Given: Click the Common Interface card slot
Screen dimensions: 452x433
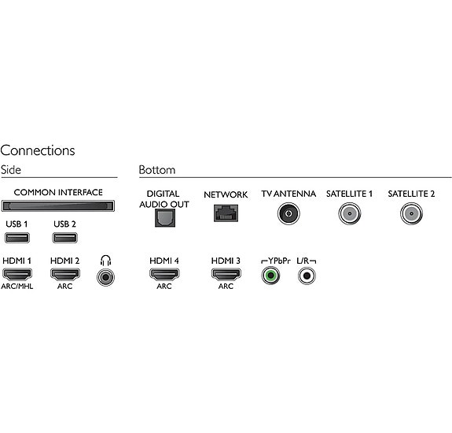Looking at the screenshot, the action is pos(58,205).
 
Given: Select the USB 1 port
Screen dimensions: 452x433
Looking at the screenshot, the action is pos(17,238).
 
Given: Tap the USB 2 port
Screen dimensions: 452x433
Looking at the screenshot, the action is pos(65,238).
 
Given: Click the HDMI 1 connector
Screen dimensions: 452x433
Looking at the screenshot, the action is pos(17,274).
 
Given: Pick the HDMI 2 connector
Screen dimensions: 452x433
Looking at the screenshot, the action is pos(65,274).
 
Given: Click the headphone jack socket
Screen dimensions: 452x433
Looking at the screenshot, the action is pos(105,277).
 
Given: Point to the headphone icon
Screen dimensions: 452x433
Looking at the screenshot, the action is pos(106,261).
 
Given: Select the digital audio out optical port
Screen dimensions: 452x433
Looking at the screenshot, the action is pos(165,218).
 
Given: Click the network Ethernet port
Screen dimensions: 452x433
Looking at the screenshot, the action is pos(226,213).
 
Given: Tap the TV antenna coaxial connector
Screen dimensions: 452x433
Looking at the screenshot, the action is pos(288,213).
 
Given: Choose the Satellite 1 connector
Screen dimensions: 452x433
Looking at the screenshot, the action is pos(349,213).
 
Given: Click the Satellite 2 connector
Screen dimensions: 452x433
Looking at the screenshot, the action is pos(411,213).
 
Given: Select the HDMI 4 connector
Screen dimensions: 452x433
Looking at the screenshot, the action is pos(164,274).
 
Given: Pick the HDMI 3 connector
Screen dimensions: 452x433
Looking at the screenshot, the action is pos(226,274).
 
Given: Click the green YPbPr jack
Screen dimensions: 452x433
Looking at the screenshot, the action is pos(270,276).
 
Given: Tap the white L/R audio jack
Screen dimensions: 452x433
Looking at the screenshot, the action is pos(307,276).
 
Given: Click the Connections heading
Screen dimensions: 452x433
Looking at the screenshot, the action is pos(38,150).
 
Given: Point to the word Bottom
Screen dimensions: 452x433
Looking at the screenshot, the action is pos(157,170).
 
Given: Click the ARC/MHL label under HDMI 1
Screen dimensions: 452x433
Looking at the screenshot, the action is pos(17,287).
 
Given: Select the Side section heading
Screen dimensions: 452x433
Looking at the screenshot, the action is pos(11,170).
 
